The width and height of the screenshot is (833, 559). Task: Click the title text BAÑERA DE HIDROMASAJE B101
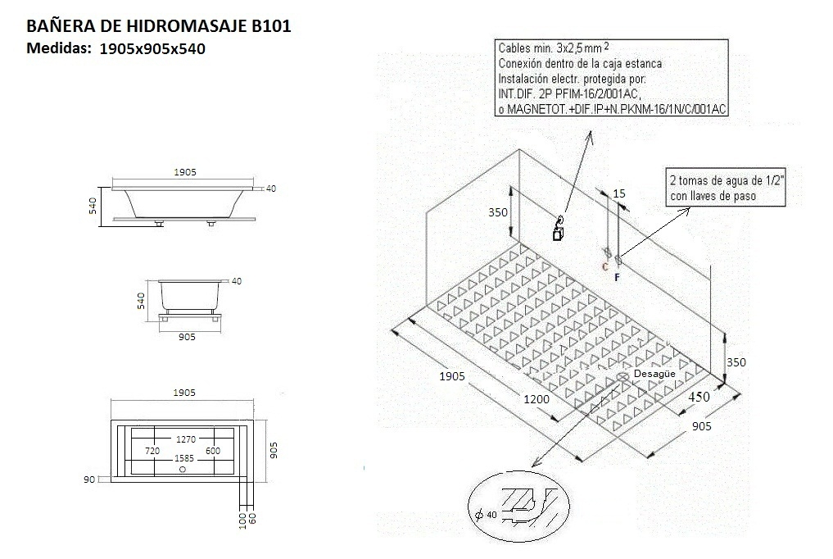point(159,26)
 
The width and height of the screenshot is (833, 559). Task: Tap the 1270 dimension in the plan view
point(183,439)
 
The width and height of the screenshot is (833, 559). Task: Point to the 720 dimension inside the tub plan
point(152,451)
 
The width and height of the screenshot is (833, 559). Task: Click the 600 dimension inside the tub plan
point(213,451)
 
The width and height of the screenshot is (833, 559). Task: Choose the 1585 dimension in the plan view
point(183,460)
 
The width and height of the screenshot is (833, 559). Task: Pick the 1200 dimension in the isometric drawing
point(536,399)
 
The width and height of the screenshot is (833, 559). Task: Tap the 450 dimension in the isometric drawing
point(698,397)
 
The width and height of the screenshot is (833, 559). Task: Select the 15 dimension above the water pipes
point(618,193)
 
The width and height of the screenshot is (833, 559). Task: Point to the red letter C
point(604,266)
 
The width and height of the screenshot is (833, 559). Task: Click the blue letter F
point(617,278)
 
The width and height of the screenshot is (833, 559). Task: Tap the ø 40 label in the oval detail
point(487,514)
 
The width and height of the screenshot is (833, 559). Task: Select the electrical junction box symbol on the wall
point(558,230)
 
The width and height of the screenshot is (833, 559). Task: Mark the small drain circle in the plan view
point(183,470)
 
